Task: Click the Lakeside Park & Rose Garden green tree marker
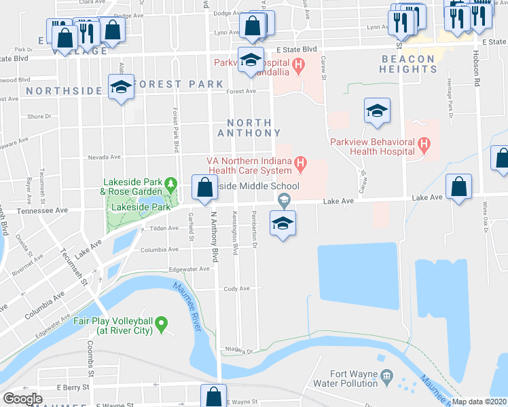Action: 172,184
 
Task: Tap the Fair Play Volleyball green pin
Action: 162,326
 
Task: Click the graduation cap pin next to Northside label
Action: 122,88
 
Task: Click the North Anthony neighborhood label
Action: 244,128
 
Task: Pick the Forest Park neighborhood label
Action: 178,84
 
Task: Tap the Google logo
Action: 22,399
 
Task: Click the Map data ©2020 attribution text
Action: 478,402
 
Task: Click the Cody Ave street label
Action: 236,288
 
